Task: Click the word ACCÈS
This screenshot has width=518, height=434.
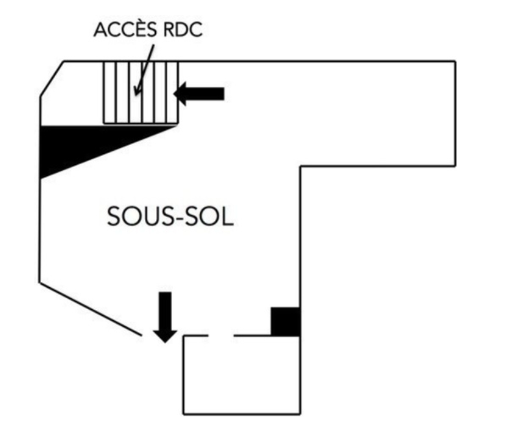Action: tap(122, 31)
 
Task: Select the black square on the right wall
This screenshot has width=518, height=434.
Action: tap(285, 321)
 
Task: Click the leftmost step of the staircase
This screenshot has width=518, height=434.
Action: tap(110, 92)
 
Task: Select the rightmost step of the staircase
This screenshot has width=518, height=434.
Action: tap(172, 92)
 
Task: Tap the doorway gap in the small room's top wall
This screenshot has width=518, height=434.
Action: tap(221, 335)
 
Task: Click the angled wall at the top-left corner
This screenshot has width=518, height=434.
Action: tap(52, 79)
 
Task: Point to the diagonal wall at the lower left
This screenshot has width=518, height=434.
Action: tap(91, 309)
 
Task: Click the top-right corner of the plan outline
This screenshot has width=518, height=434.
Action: tap(454, 62)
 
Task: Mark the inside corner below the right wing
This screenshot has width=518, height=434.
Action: tap(300, 167)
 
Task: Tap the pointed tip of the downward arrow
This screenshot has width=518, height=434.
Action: tap(165, 342)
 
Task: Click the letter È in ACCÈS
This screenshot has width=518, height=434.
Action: tap(137, 30)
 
